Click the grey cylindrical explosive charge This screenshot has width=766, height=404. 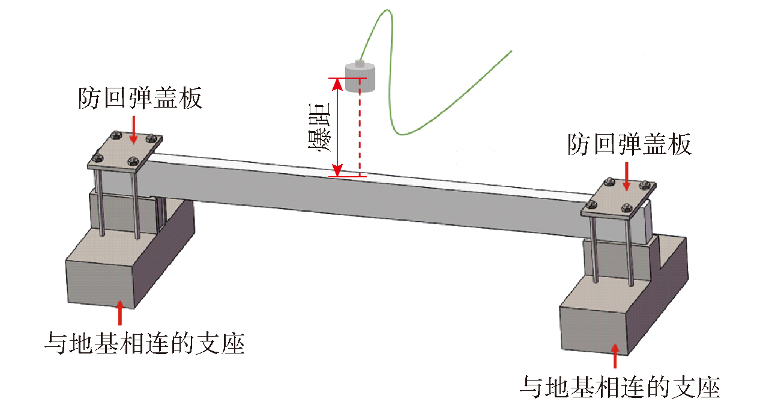[360, 78]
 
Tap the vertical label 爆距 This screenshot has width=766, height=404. [319, 127]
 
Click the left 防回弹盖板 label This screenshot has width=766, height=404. [140, 98]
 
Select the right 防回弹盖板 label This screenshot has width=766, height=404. [629, 144]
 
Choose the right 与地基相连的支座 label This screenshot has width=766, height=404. [620, 387]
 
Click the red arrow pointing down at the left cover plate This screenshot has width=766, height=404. [134, 130]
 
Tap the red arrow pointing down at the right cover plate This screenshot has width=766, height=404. [627, 176]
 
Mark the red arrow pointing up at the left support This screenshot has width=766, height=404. [119, 313]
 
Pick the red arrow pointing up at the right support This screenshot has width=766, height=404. [615, 356]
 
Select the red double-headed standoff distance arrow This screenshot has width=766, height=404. [337, 127]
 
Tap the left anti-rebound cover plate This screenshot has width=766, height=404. [125, 151]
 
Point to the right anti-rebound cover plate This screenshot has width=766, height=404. [618, 198]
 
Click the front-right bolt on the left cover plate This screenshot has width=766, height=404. [133, 161]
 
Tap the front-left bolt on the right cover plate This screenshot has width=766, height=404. [591, 206]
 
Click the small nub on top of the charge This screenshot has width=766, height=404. [360, 63]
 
